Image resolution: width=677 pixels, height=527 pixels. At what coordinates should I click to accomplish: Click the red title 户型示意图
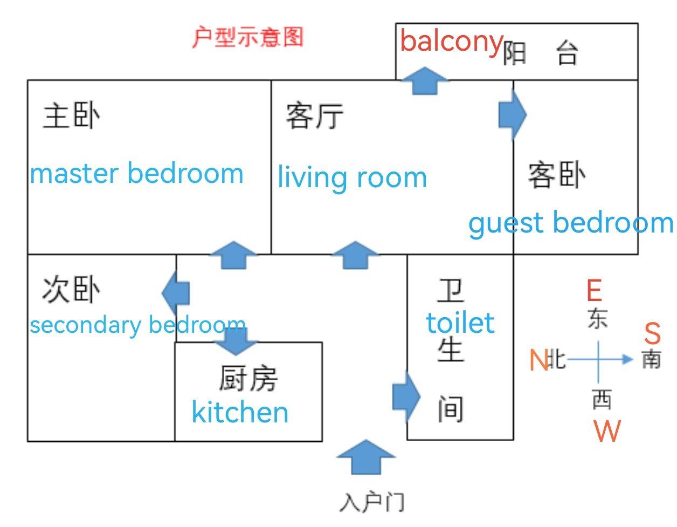click(248, 37)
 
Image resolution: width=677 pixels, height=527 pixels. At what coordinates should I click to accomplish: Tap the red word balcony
click(452, 42)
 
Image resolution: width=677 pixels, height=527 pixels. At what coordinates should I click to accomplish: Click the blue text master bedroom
click(137, 174)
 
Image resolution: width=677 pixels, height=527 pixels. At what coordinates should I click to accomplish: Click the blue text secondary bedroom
click(138, 325)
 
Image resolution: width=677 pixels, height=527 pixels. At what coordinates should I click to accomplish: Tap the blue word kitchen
click(240, 412)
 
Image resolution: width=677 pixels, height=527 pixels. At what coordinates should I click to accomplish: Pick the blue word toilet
click(460, 323)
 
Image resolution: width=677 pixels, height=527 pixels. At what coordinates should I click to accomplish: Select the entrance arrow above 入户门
click(366, 456)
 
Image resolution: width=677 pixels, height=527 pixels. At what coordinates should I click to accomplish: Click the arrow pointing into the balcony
click(425, 80)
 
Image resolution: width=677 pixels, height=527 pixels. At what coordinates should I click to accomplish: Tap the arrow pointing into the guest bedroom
click(512, 114)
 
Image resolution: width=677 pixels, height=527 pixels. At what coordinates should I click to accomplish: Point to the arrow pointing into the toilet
click(406, 397)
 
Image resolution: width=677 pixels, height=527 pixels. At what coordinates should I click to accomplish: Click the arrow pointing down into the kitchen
click(236, 340)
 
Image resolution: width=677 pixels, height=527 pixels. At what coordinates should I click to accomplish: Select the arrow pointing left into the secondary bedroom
click(176, 293)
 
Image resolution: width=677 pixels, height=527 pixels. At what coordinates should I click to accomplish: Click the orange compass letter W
click(607, 431)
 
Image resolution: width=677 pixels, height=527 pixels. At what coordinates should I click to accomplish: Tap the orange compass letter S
click(652, 334)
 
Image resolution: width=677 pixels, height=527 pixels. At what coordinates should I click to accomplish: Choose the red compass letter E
click(594, 291)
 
